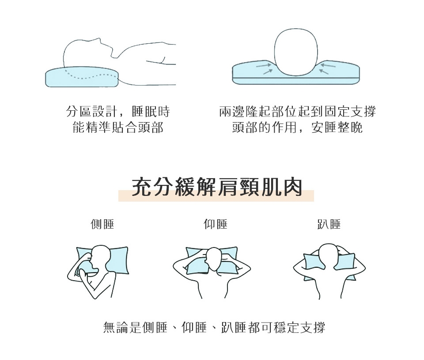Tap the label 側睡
point(102,224)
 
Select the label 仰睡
point(216,224)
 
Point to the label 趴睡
point(329,224)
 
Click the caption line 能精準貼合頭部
point(118,127)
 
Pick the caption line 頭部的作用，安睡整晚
point(297,127)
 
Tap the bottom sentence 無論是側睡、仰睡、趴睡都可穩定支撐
point(214,327)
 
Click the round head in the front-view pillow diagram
point(296,52)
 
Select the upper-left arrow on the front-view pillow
point(263,65)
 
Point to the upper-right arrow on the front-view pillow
point(328,65)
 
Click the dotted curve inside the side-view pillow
point(91,75)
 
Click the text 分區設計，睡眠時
point(118,111)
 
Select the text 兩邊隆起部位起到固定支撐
point(297,111)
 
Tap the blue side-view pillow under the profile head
point(82,77)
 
